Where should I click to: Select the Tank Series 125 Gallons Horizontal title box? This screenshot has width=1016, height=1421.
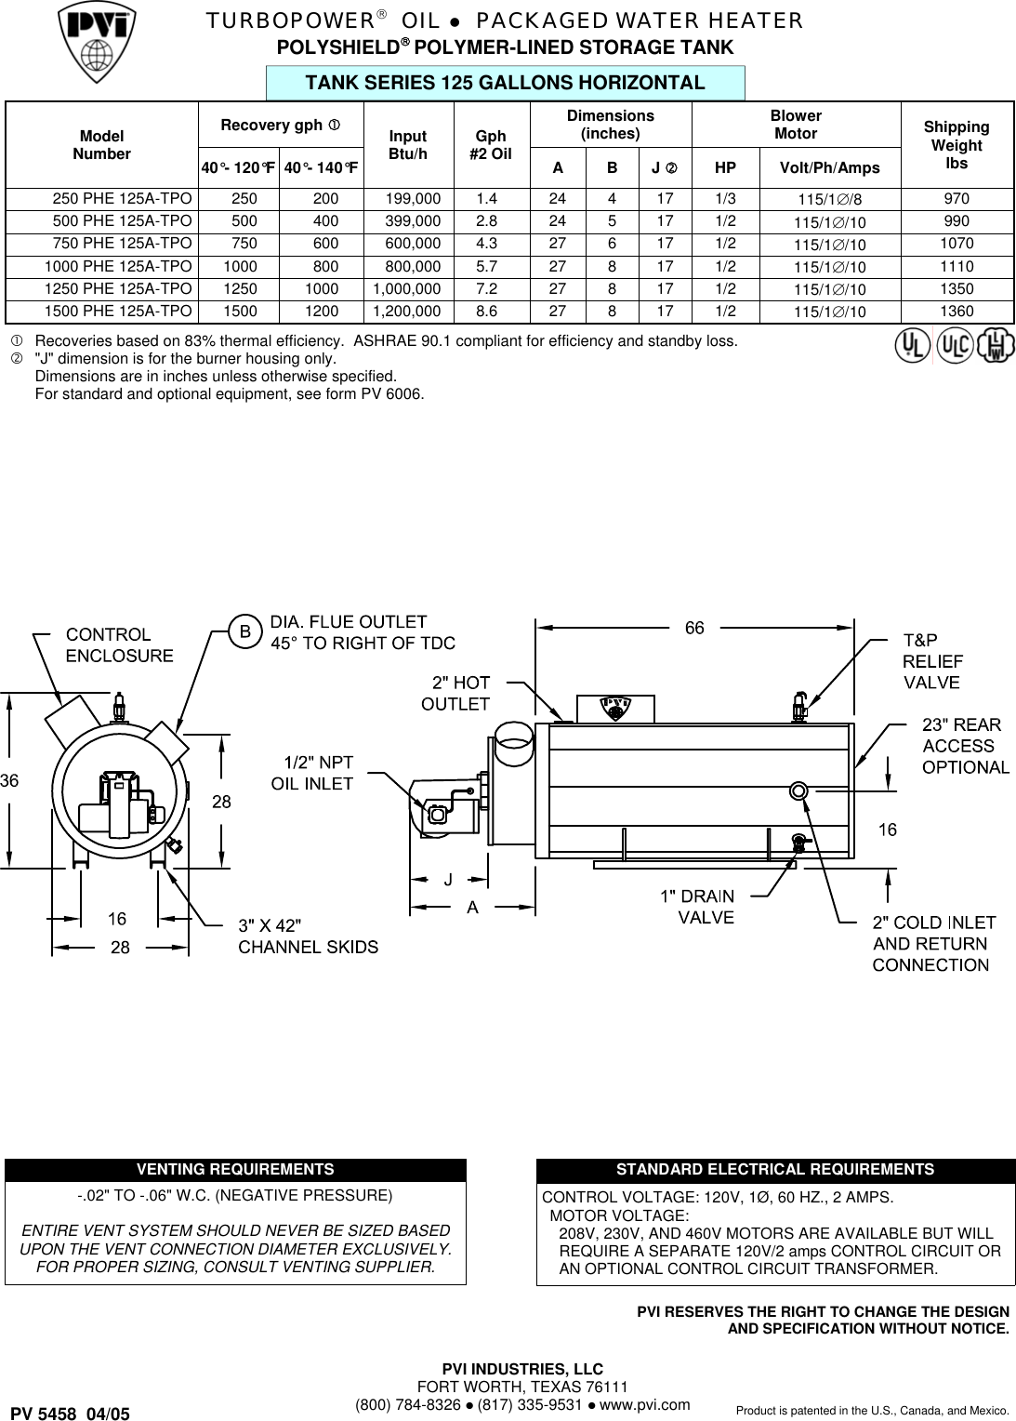point(506,83)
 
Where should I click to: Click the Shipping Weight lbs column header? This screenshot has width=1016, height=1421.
point(956,145)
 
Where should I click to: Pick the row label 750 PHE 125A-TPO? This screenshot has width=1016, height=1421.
point(123,244)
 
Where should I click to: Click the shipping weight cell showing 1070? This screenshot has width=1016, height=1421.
point(956,244)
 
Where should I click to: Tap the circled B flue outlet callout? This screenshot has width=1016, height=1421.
point(245,632)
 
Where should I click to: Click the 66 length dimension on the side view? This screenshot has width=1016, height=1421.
point(694,629)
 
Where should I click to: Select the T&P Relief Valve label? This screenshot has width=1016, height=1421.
point(932,661)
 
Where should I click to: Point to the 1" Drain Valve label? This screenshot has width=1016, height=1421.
point(697,907)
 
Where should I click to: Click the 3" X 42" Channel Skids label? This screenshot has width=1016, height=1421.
point(308,936)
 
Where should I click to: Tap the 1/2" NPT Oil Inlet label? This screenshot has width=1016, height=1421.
point(312,773)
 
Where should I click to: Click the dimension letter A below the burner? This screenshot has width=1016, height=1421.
point(473,907)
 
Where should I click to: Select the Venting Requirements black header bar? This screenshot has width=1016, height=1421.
point(235,1170)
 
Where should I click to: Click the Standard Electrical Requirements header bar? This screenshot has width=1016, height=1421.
point(775,1170)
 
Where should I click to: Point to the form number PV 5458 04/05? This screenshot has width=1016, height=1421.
point(71,1414)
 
